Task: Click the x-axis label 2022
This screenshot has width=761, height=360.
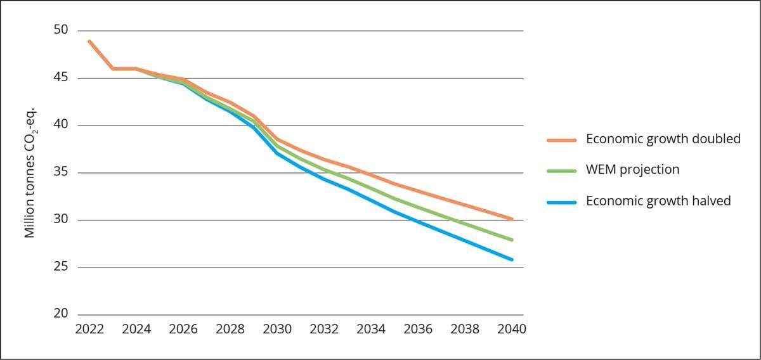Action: tap(89, 330)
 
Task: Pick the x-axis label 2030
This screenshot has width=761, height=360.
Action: tap(277, 330)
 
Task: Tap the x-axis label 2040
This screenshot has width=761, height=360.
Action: tap(512, 330)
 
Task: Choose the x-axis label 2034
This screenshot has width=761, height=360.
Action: tap(371, 330)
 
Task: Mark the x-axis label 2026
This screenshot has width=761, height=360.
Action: tap(183, 330)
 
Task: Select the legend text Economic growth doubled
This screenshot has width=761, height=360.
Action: tap(663, 139)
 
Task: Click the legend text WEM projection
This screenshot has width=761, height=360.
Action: tap(632, 170)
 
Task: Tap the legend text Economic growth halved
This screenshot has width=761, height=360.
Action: tap(658, 201)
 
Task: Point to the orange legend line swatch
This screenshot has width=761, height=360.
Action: tap(561, 140)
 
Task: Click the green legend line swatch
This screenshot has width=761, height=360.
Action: tap(561, 171)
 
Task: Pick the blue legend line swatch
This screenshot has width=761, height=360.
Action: tap(561, 202)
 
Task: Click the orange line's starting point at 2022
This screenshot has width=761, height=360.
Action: tap(89, 41)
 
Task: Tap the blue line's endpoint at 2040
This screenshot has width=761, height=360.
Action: tap(511, 259)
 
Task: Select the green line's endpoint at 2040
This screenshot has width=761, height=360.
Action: tap(511, 240)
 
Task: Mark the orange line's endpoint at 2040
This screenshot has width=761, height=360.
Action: tap(511, 219)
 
